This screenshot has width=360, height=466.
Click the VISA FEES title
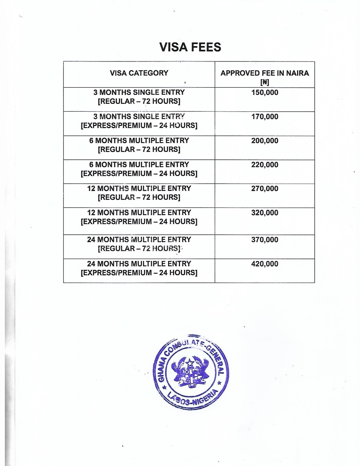[x=190, y=47]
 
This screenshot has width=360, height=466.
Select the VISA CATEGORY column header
[x=139, y=73]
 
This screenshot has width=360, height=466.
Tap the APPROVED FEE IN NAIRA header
[x=264, y=73]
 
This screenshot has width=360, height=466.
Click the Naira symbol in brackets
[x=265, y=82]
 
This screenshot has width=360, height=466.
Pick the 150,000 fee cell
[x=265, y=93]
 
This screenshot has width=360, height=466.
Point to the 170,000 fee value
[x=265, y=117]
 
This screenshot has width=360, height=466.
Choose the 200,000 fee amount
[x=265, y=141]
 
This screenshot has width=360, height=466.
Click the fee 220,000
[x=265, y=165]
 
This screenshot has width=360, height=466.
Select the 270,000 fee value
[x=265, y=189]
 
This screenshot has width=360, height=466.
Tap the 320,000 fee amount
[x=265, y=213]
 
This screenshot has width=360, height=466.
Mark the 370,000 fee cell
[x=265, y=240]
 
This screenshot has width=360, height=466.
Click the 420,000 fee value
[x=265, y=264]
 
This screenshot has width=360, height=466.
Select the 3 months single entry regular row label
[x=139, y=97]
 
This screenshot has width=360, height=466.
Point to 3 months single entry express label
[x=139, y=121]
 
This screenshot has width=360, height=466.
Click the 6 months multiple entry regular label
[x=139, y=145]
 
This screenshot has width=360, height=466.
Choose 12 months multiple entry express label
[x=139, y=217]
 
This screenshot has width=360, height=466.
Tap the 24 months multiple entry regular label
[x=139, y=244]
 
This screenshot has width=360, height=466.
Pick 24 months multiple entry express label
[x=139, y=268]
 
